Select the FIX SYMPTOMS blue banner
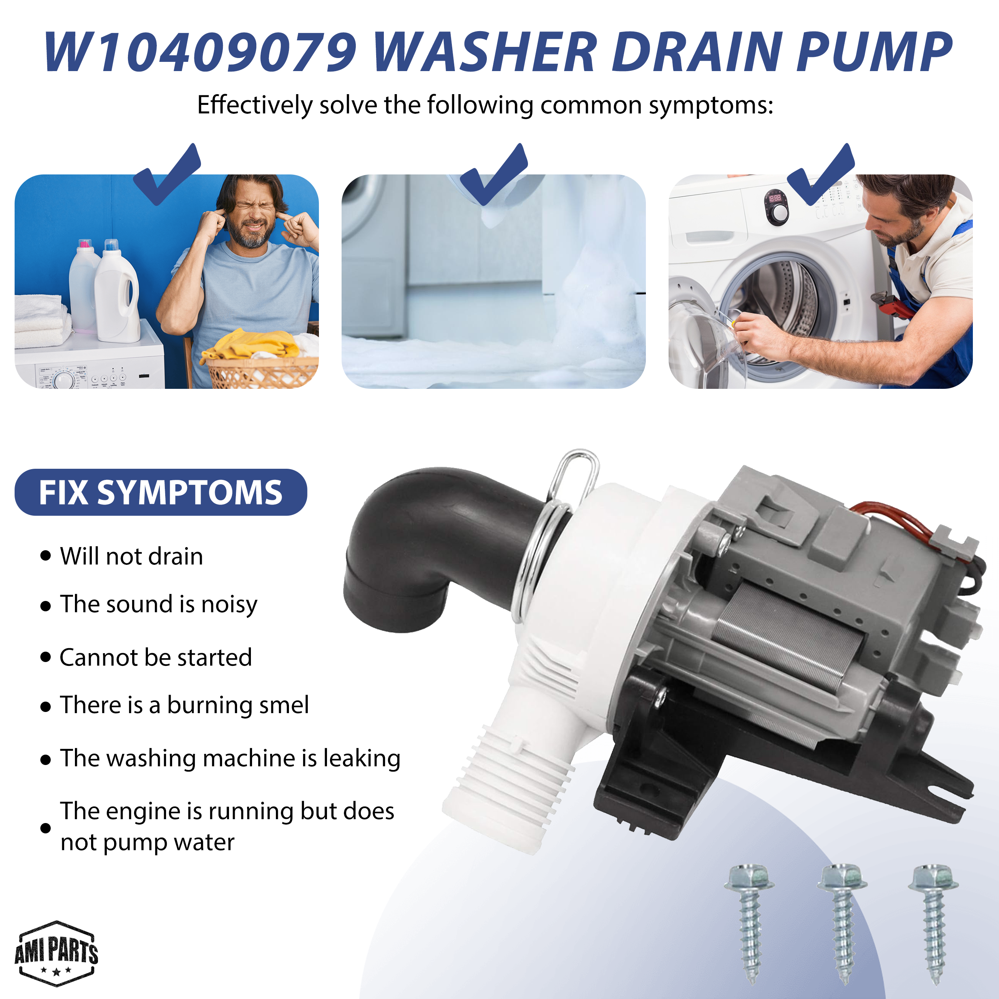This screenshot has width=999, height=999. pos(161,492)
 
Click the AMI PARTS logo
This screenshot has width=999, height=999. pos(56,953)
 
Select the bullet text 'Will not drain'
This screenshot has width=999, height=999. pos(131,556)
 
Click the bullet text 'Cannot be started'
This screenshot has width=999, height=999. pos(156,657)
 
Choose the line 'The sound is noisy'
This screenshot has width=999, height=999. pos(158,604)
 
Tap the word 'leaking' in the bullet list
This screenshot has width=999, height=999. pos(362,758)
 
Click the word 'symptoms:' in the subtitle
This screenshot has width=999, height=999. pos(711,106)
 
